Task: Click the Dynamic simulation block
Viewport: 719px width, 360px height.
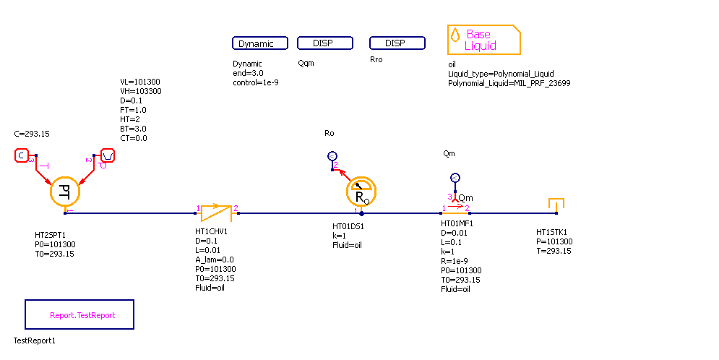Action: tap(260, 43)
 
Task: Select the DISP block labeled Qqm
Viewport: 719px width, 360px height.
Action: tap(325, 43)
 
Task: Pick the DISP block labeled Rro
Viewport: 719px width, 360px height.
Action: tap(397, 43)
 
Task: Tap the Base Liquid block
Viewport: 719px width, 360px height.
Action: tap(483, 40)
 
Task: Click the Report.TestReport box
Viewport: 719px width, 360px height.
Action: tap(79, 315)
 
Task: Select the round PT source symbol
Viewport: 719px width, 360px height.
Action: tap(64, 192)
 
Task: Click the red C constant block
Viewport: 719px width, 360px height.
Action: tap(21, 155)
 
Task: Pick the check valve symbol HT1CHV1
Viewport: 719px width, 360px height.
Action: tap(216, 212)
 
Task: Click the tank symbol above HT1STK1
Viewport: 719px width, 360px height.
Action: tap(556, 204)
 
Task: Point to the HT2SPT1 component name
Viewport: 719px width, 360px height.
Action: tap(51, 235)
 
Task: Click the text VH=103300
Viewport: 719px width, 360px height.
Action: tap(140, 91)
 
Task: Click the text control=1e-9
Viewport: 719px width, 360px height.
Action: tap(256, 82)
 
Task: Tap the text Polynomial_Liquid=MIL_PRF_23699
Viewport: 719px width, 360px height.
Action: tap(509, 82)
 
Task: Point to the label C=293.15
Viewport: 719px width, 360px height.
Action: tap(32, 134)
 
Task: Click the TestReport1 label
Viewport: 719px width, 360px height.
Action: tap(35, 340)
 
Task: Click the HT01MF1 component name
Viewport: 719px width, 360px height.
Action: tap(457, 223)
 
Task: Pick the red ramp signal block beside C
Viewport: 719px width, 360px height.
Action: tap(107, 155)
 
